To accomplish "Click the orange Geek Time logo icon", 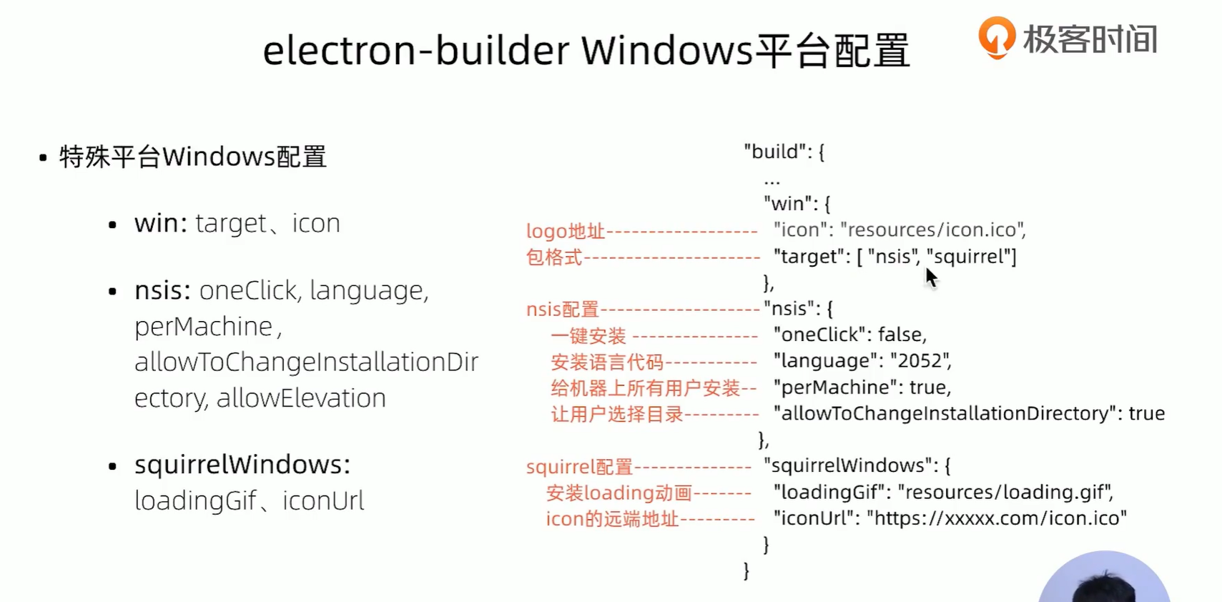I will pos(996,36).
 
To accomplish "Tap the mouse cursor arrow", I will pos(930,277).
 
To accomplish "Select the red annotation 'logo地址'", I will pos(565,231).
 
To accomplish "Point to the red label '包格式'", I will pos(553,257).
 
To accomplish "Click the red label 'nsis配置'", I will pos(562,310).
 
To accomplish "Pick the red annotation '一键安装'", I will pos(588,336).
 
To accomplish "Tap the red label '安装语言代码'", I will pos(606,362).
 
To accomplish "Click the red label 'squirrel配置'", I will pos(579,468).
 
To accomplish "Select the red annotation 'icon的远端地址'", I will pos(611,519).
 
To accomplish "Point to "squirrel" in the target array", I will pos(970,257).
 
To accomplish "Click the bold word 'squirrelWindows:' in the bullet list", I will pos(242,465).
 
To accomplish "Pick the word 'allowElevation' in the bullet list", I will pos(301,398).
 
